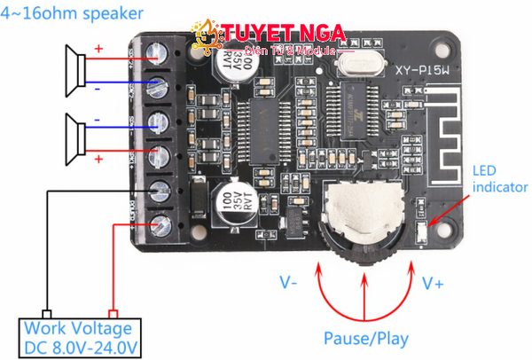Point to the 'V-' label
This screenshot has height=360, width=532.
pos(289,283)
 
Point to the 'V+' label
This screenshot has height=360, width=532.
pos(434,283)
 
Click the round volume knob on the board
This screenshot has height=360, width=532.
pos(364,215)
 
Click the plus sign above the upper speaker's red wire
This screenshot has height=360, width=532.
pos(98,49)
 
